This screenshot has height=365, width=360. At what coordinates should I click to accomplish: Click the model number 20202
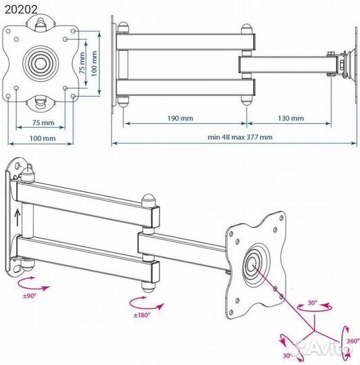[x=21, y=9]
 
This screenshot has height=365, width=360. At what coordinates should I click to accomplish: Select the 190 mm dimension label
[x=180, y=118]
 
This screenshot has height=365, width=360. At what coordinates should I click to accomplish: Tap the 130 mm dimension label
[x=290, y=118]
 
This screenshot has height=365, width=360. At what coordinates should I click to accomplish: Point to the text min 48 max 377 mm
[x=240, y=137]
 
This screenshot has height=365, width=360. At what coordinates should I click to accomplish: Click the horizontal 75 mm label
[x=43, y=122]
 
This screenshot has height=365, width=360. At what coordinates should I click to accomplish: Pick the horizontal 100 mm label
[x=43, y=139]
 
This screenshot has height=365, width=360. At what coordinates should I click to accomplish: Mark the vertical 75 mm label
[x=82, y=63]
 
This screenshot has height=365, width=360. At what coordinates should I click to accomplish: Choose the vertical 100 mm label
[x=94, y=64]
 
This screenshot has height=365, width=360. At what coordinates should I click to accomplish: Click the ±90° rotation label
[x=30, y=296]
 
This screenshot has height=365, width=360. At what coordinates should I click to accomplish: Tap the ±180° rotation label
[x=142, y=315]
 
